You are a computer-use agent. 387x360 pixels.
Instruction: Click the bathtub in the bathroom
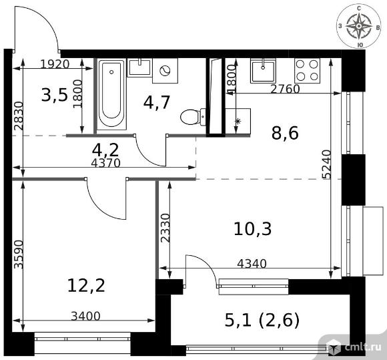pyautogui.click(x=112, y=94)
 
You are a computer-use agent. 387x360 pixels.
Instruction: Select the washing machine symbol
pyautogui.click(x=165, y=71)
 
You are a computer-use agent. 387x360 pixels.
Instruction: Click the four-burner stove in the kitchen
pyautogui.click(x=307, y=71)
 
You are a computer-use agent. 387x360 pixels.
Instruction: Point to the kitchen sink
pyautogui.click(x=263, y=71)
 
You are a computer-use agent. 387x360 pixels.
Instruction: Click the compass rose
pyautogui.click(x=359, y=26)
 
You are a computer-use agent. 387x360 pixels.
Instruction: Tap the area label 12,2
pyautogui.click(x=86, y=286)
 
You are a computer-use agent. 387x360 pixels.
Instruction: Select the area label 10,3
pyautogui.click(x=252, y=229)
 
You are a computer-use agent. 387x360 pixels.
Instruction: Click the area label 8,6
pyautogui.click(x=285, y=133)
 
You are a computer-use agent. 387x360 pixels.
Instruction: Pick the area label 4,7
pyautogui.click(x=157, y=102)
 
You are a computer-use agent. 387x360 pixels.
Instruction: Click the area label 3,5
pyautogui.click(x=55, y=96)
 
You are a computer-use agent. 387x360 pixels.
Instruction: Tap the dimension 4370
pyautogui.click(x=105, y=163)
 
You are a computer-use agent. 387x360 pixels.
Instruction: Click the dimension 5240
pyautogui.click(x=326, y=164)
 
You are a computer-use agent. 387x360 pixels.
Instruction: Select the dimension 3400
pyautogui.click(x=85, y=316)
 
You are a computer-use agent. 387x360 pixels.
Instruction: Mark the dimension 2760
pyautogui.click(x=285, y=89)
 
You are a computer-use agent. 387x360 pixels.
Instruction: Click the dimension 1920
pyautogui.click(x=55, y=64)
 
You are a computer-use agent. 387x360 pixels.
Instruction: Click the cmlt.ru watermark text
pyautogui.click(x=363, y=347)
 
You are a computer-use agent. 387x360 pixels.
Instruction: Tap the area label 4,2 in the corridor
pyautogui.click(x=105, y=150)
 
